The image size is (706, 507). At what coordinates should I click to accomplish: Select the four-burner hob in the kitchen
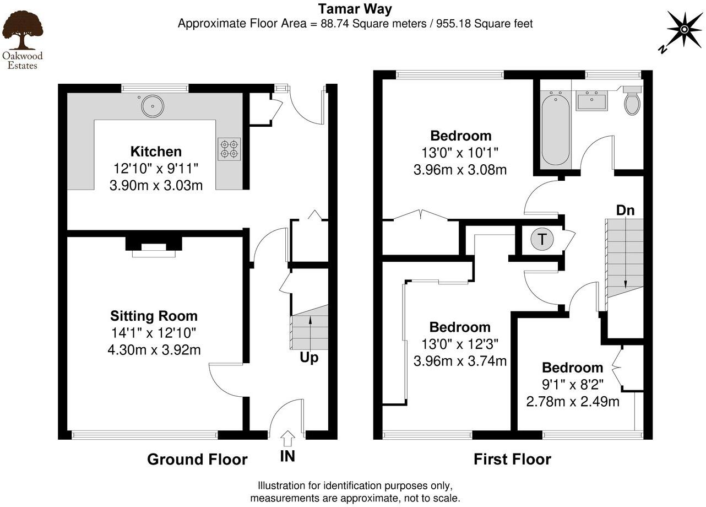tap(229, 149)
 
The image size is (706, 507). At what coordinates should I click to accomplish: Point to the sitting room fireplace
tap(154, 246)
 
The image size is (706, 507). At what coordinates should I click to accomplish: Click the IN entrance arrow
tap(287, 440)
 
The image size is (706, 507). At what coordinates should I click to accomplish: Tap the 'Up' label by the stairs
tap(309, 358)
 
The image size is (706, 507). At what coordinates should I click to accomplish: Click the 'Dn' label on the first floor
tap(625, 210)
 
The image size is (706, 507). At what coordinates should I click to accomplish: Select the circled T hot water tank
tap(542, 239)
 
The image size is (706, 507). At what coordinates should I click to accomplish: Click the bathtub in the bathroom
tap(555, 130)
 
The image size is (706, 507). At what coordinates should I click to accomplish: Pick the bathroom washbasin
tap(591, 101)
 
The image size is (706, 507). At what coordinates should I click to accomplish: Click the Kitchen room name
tap(156, 152)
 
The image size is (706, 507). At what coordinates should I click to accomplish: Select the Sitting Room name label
tap(154, 316)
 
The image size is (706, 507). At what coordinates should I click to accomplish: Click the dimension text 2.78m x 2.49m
tap(573, 402)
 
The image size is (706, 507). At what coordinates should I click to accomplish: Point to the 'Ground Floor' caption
tap(197, 459)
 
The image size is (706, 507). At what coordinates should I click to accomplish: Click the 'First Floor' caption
tap(512, 459)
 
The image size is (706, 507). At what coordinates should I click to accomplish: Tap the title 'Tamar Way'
tap(355, 8)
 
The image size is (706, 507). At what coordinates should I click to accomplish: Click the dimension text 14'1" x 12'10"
tap(154, 333)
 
